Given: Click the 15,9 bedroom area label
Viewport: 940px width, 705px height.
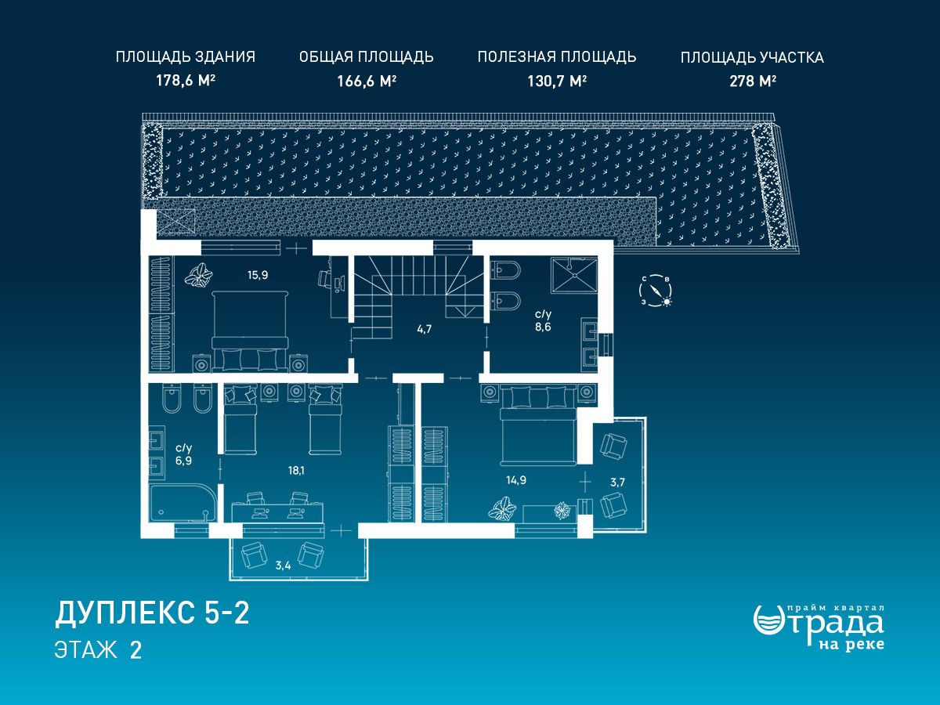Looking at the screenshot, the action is [x=258, y=275].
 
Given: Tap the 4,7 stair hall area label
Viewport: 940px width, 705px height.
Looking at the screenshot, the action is [x=424, y=329].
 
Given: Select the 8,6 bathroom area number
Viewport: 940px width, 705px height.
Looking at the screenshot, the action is [x=543, y=327].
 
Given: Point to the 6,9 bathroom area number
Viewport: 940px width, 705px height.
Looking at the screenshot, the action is [x=183, y=461].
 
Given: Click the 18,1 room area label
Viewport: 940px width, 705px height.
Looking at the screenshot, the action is [x=296, y=471].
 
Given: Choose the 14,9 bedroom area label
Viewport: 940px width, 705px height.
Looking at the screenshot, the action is [x=516, y=480].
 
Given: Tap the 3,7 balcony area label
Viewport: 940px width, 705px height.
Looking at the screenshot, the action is [x=617, y=483].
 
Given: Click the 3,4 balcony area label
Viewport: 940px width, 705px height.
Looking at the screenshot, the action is [x=283, y=566].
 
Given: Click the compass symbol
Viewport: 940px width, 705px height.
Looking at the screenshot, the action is [x=655, y=291].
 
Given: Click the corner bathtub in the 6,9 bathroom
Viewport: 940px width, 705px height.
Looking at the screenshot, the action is [x=183, y=504].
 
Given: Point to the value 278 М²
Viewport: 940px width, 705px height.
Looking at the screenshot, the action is [x=753, y=81].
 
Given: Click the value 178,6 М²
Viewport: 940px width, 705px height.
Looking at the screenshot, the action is [x=186, y=80].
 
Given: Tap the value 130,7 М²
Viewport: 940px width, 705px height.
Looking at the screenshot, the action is [x=557, y=81].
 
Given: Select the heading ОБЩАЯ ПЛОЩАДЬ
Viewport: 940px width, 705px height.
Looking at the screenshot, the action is [x=366, y=57].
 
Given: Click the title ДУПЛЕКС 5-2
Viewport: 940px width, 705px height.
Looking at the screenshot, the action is [x=152, y=613].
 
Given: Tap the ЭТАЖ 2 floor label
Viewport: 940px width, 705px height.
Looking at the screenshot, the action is [x=98, y=650].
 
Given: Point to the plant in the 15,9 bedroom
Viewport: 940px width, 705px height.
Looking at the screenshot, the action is [x=198, y=274].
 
